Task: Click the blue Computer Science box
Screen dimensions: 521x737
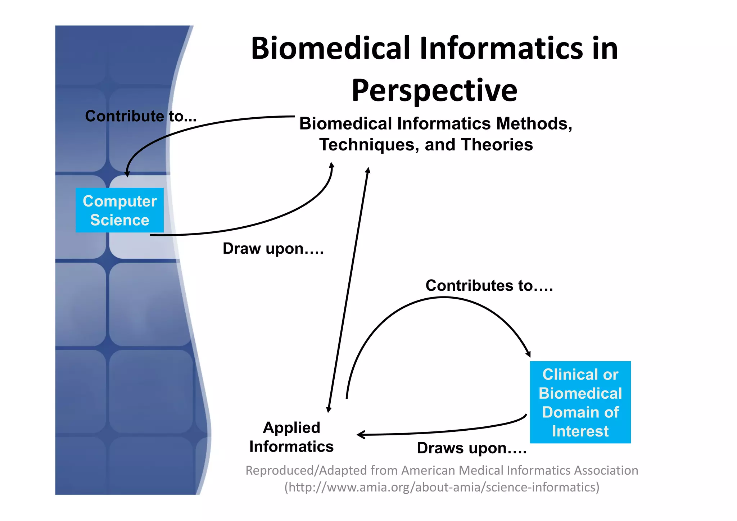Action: pyautogui.click(x=119, y=210)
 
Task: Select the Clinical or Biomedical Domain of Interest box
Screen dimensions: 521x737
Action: pyautogui.click(x=580, y=402)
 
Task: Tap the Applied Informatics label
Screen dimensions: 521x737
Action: pyautogui.click(x=291, y=437)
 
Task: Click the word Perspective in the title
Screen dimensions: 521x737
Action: pyautogui.click(x=434, y=91)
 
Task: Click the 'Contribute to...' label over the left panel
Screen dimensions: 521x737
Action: pyautogui.click(x=141, y=116)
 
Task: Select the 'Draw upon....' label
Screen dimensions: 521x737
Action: pyautogui.click(x=273, y=249)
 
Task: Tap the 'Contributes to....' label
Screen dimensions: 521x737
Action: pyautogui.click(x=489, y=286)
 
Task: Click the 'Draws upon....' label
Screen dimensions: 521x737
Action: pyautogui.click(x=472, y=448)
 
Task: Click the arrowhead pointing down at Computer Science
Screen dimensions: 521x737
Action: pyautogui.click(x=127, y=174)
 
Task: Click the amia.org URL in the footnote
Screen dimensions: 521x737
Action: pyautogui.click(x=442, y=487)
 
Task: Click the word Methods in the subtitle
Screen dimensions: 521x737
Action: pyautogui.click(x=534, y=124)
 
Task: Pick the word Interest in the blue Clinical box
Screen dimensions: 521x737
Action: pyautogui.click(x=580, y=431)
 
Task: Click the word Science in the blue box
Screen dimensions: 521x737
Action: pyautogui.click(x=119, y=220)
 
